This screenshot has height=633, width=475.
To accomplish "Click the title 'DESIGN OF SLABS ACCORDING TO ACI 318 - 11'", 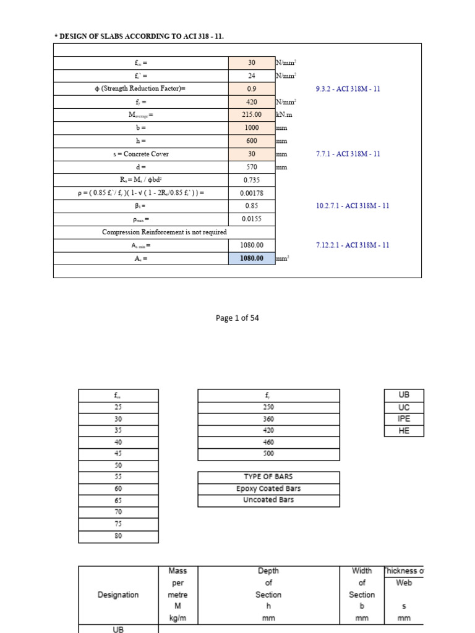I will point(139,36).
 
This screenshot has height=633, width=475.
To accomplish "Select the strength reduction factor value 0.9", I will point(252,88).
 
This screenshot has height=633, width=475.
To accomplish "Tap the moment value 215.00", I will point(252,114).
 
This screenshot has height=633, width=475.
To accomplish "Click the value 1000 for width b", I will point(252,127).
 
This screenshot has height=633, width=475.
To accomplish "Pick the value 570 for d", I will point(252,167).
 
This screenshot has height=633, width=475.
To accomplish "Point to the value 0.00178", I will point(252,193).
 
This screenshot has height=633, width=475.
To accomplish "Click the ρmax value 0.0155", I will point(252,219).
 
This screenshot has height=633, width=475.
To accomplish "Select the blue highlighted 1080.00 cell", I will point(252,258).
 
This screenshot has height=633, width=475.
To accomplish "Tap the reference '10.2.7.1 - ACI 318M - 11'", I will point(353,206).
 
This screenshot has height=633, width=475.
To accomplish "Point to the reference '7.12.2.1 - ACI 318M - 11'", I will point(353,245).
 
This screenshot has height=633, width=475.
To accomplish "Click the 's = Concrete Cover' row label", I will point(140,154).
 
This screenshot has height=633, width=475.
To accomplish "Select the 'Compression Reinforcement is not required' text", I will point(164,232).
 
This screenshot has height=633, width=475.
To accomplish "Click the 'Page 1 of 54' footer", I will point(237,318).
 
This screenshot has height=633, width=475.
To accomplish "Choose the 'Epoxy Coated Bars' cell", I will point(268,489).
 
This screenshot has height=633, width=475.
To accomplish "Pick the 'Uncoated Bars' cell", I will point(268,500).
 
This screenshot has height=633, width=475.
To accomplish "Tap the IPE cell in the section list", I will point(404,419).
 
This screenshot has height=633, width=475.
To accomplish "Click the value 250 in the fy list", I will point(268,407).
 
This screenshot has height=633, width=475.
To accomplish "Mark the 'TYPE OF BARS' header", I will point(268,477).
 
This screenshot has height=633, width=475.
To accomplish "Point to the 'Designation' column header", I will point(118,595).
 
